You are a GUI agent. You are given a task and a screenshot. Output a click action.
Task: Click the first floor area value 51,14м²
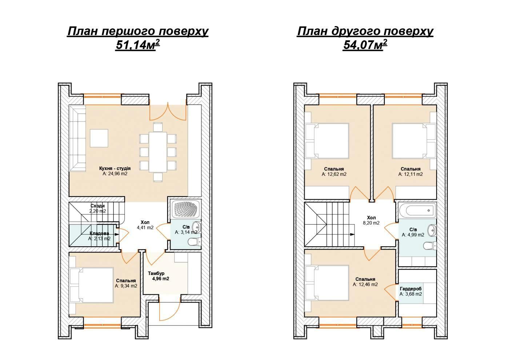pyautogui.click(x=138, y=45)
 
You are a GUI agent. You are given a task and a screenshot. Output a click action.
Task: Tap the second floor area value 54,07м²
pyautogui.click(x=365, y=45)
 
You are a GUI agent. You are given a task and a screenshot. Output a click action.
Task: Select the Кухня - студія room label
pyautogui.click(x=115, y=169)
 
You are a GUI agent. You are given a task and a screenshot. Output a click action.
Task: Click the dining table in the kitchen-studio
pyautogui.click(x=158, y=152)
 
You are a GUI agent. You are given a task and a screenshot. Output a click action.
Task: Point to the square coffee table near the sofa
pyautogui.click(x=99, y=138)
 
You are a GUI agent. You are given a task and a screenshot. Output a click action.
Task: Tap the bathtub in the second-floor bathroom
pyautogui.click(x=417, y=210)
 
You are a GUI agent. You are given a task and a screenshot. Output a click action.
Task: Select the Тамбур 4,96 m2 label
pyautogui.click(x=159, y=276)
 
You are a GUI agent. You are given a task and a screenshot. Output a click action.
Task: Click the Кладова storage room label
pyautogui.click(x=99, y=233)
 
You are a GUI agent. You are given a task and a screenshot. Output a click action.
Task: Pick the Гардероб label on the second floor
pyautogui.click(x=410, y=289)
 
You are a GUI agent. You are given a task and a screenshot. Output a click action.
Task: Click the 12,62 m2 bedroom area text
pyautogui.click(x=334, y=174)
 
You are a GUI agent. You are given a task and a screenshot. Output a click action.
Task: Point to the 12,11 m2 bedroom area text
pyautogui.click(x=410, y=174)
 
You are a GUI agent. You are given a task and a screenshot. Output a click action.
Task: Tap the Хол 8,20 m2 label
pyautogui.click(x=371, y=220)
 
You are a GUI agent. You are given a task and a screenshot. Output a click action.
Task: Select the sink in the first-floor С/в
pyautogui.click(x=197, y=226)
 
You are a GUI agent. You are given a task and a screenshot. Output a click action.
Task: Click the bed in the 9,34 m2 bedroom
pyautogui.click(x=92, y=285)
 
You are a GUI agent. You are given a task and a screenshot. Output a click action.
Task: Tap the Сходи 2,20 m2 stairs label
pyautogui.click(x=98, y=208)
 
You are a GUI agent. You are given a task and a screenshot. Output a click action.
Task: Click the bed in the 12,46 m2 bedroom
pyautogui.click(x=327, y=283)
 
